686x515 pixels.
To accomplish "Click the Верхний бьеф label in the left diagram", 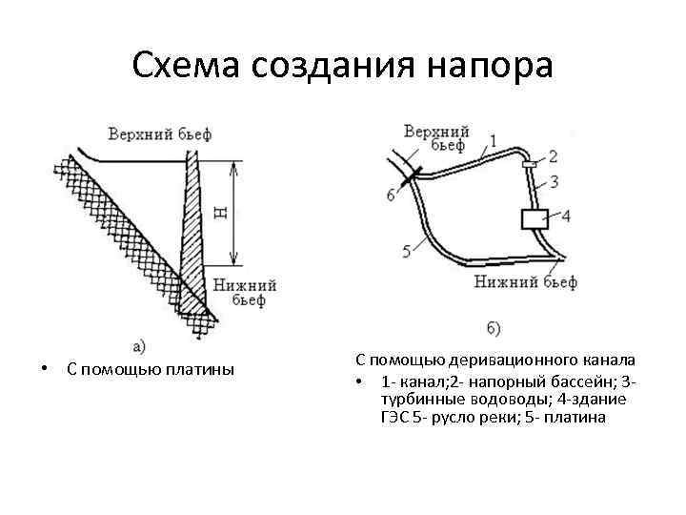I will click(x=159, y=134).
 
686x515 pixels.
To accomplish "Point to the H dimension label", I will click(x=221, y=212).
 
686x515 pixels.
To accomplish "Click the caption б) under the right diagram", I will click(x=494, y=329).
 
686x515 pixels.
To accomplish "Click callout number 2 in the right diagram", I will click(x=553, y=155).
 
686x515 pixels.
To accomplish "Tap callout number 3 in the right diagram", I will click(x=554, y=179).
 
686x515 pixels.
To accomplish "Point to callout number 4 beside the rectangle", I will click(x=565, y=216).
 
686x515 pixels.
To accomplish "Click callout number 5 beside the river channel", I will click(x=407, y=251).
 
